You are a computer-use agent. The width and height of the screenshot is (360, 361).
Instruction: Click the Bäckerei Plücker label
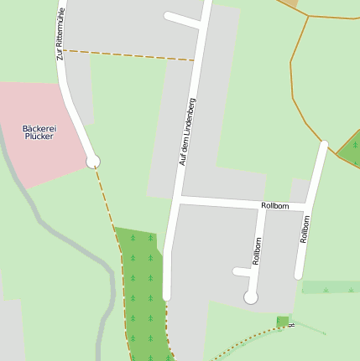click(x=39, y=132)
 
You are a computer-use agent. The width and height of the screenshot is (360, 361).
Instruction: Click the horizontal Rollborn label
click(x=274, y=205)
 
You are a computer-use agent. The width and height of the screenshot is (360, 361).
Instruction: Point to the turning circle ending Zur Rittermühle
click(x=93, y=162)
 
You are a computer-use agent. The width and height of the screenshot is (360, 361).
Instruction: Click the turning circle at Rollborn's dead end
click(x=250, y=297)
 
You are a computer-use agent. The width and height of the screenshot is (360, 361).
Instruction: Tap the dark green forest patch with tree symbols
click(x=141, y=285)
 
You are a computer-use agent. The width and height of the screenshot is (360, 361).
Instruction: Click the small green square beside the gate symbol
click(x=283, y=321)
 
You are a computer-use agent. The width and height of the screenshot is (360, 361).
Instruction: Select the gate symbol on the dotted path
click(x=291, y=324)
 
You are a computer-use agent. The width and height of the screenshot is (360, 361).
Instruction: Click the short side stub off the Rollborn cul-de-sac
click(x=242, y=271)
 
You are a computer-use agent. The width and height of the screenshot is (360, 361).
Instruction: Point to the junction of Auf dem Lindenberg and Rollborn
click(x=179, y=199)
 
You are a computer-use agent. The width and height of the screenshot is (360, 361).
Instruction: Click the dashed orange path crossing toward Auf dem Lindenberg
click(x=126, y=55)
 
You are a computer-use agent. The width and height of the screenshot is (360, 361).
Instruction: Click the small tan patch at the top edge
click(x=290, y=3)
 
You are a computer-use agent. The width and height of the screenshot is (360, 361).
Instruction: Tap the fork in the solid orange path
click(x=306, y=17)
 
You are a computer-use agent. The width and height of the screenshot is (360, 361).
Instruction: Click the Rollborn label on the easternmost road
click(x=305, y=229)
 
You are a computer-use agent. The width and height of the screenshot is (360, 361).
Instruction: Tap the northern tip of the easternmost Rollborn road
click(x=324, y=145)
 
